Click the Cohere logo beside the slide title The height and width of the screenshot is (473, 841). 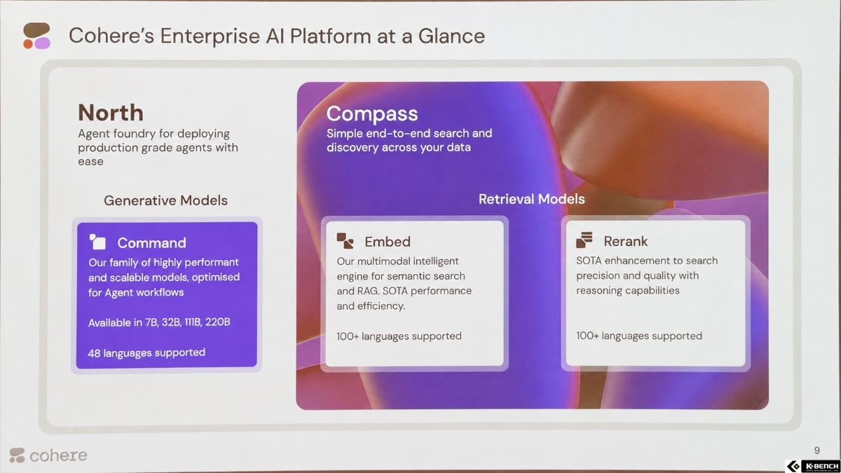tap(36, 36)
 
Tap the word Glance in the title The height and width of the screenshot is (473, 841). tap(451, 36)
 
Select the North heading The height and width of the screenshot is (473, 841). tap(111, 113)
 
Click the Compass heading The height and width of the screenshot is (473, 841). tap(372, 114)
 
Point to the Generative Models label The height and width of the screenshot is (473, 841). tap(165, 200)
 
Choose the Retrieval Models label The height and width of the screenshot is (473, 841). tap(532, 199)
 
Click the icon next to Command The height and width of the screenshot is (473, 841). tap(97, 242)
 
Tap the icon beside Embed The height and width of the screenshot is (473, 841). tap(345, 240)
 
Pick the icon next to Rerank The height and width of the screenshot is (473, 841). tap(584, 240)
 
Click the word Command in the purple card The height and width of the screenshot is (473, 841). tap(151, 243)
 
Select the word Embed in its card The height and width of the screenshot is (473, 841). tap(388, 242)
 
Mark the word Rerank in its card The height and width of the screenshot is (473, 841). tap(625, 241)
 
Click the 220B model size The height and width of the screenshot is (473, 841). tap(217, 322)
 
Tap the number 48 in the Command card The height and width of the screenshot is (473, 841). tap(94, 353)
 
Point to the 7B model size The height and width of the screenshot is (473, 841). tap(151, 322)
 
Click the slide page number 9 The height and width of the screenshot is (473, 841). tap(816, 450)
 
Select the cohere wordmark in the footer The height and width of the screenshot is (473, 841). tap(58, 455)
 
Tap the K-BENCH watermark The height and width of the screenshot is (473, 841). tap(813, 466)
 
